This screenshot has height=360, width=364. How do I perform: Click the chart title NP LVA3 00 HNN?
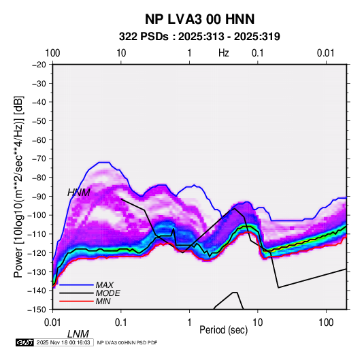(x=199, y=19)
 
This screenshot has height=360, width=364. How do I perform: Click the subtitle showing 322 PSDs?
(x=199, y=37)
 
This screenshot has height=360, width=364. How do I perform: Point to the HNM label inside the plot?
(x=79, y=193)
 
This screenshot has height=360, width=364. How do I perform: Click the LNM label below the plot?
(x=78, y=334)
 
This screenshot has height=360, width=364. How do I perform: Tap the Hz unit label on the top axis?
(x=224, y=53)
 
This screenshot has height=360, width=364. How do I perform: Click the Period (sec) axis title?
(x=224, y=330)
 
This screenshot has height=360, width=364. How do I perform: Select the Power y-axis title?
(x=18, y=187)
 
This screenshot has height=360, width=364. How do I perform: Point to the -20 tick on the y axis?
(x=39, y=65)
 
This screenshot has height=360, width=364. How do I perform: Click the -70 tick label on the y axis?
(x=39, y=159)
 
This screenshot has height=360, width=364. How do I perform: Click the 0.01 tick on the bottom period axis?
(x=52, y=323)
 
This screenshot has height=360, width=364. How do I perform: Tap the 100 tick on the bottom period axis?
(x=326, y=323)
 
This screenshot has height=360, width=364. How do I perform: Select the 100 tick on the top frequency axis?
(x=52, y=53)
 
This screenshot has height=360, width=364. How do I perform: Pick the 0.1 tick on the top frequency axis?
(x=258, y=53)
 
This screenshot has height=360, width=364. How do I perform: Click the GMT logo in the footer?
(x=25, y=342)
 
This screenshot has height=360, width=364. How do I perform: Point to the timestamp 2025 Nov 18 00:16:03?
(x=63, y=342)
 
